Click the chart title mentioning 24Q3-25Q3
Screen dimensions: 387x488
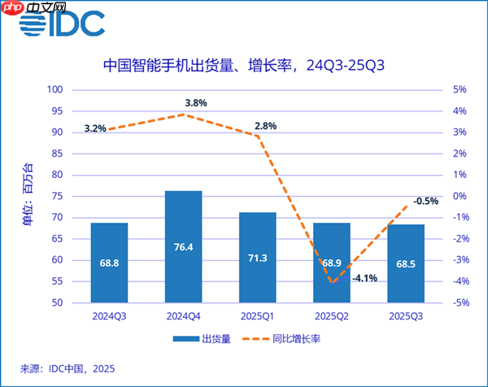tap(243, 66)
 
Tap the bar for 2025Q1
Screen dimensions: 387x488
tap(257, 257)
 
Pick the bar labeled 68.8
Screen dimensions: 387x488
tap(109, 262)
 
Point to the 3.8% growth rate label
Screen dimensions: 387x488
tap(195, 103)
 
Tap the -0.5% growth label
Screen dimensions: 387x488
tap(425, 201)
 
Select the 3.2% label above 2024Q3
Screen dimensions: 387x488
tap(95, 128)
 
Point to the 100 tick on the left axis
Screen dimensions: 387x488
tap(55, 89)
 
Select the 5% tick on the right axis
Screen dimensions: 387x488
tap(459, 89)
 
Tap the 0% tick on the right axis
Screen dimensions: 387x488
tap(459, 196)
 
